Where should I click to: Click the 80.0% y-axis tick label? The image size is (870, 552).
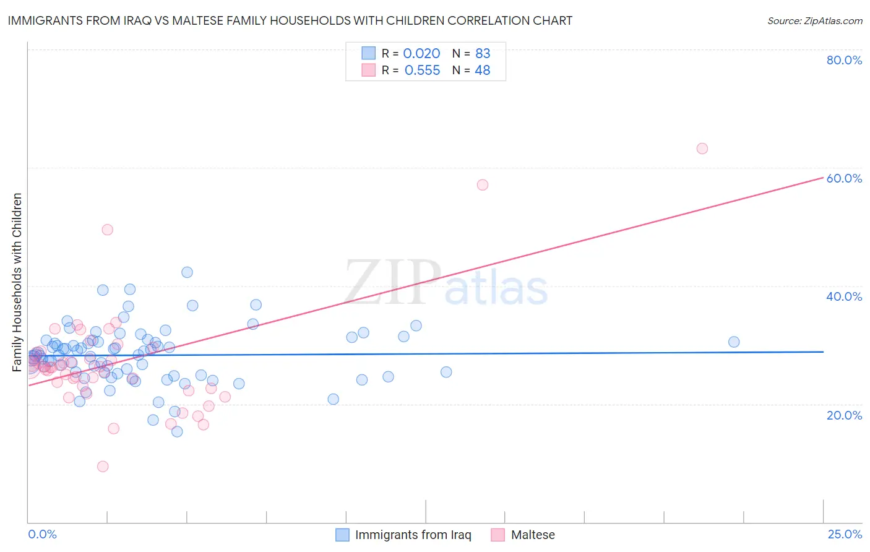coord(844,60)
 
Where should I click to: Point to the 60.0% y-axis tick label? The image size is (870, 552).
coord(844,178)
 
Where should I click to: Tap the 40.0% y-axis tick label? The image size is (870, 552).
coord(844,296)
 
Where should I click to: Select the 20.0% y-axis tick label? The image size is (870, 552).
coord(844,415)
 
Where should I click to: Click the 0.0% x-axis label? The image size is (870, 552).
coord(42,534)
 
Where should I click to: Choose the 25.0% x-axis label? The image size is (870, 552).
coord(844,534)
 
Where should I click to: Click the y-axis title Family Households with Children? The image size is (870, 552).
coord(17,282)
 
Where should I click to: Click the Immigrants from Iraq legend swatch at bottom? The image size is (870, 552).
coord(342,535)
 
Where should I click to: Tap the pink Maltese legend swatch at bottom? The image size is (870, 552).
coord(498,535)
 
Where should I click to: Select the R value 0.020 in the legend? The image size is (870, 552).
coord(421,54)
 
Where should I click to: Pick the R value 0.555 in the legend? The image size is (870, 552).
coord(422,71)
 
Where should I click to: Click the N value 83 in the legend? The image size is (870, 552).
coord(483,54)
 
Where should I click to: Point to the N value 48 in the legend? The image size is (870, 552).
coord(482,71)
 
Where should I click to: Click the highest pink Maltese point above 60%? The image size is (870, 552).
coord(702,149)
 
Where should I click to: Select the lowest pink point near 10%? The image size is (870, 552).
coord(103,467)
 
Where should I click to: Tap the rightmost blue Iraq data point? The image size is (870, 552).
coord(734,342)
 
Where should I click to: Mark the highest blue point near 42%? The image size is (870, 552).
coord(187,272)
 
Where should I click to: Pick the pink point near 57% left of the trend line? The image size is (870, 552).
coord(483,185)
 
